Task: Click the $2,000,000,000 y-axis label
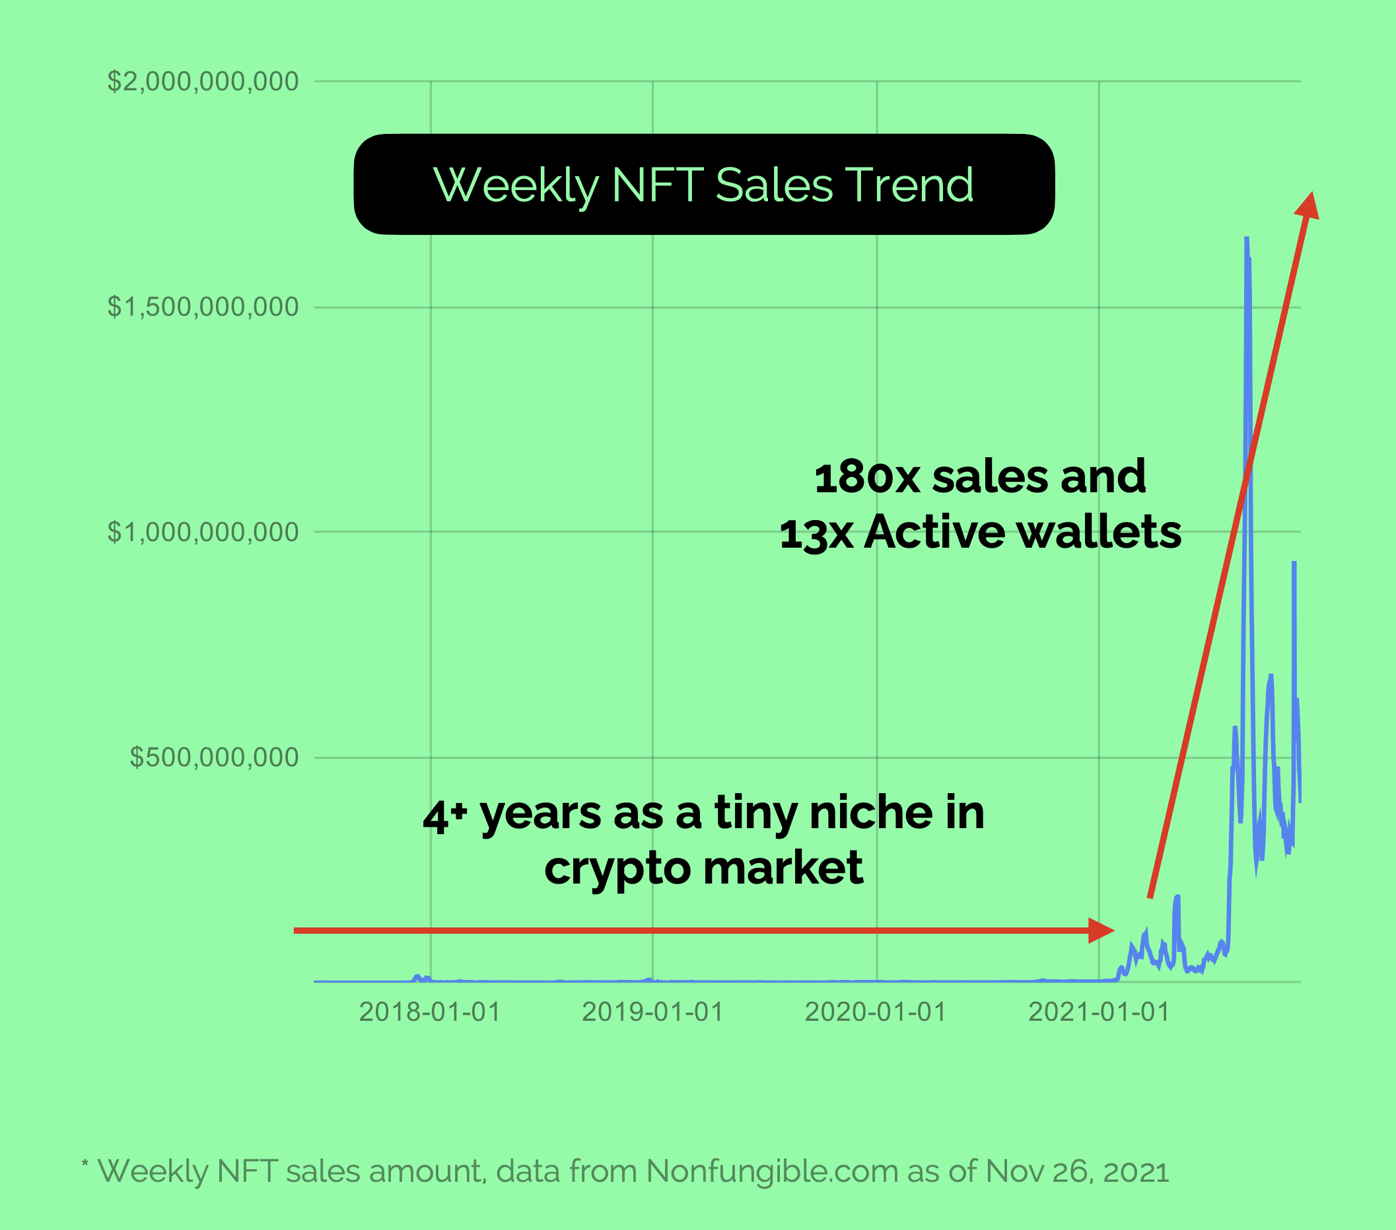[x=203, y=82]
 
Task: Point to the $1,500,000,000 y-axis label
[x=203, y=307]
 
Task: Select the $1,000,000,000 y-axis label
[x=203, y=533]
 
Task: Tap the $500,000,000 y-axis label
[x=214, y=758]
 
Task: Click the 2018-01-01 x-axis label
[x=430, y=1012]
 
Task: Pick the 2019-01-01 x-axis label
[x=652, y=1012]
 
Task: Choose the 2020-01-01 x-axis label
[x=876, y=1012]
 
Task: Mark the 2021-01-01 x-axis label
[x=1099, y=1012]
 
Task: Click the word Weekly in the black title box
[x=516, y=185]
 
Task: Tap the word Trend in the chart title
[x=910, y=185]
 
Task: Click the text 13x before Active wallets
[x=816, y=533]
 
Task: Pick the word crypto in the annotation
[x=617, y=869]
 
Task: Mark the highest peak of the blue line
[x=1247, y=238]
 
